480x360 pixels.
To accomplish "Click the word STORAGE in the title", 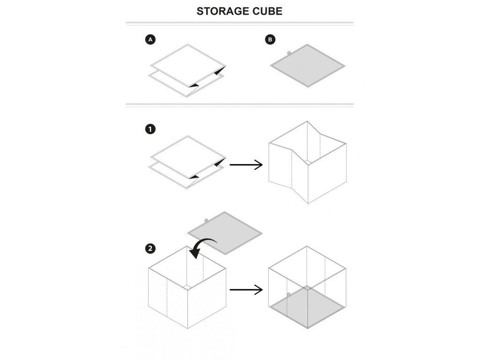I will point(218,11).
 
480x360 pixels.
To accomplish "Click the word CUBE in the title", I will point(266,11).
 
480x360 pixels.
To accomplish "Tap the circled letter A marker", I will point(150,40).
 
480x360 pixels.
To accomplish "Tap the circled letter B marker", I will point(270,40).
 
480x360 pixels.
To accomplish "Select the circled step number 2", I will point(150,249).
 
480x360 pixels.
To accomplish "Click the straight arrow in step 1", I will point(246,165).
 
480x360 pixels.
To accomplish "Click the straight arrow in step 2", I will point(246,290).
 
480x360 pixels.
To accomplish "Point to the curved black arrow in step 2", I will point(203,246).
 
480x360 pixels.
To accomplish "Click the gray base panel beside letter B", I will point(307,66).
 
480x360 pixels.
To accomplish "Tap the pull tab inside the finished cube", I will point(289,294).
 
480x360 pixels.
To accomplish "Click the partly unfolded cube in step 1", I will point(307,162).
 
